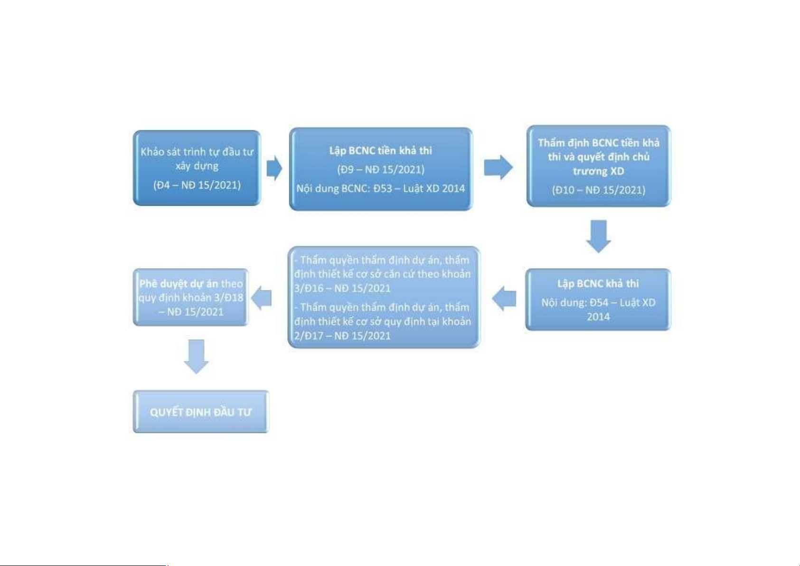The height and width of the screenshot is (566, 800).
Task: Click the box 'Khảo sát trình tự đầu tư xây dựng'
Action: (197, 168)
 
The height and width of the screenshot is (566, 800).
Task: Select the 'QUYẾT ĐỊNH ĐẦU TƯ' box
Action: (201, 412)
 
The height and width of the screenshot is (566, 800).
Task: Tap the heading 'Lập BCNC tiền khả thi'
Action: (381, 151)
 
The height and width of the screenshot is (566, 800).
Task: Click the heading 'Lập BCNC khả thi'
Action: (598, 284)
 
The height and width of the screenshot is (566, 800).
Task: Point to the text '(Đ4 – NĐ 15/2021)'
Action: (197, 185)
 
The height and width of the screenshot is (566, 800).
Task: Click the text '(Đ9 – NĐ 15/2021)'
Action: (381, 169)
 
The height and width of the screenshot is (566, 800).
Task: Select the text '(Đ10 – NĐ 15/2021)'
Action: (599, 190)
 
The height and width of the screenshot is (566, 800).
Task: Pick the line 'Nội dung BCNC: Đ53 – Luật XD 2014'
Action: (381, 188)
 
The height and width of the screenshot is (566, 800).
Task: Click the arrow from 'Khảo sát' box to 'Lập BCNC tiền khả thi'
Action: (274, 168)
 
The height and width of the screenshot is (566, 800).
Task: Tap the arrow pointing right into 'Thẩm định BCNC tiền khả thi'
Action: (499, 167)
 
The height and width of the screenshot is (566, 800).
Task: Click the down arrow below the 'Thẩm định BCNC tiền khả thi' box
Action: (599, 236)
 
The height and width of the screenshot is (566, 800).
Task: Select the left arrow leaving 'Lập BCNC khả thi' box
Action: (504, 298)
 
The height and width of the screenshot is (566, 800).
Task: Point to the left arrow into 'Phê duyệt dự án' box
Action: (262, 298)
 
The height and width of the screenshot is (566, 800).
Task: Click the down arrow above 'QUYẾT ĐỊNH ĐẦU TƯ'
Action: (197, 356)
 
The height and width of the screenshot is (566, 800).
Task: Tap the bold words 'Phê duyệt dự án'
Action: (179, 284)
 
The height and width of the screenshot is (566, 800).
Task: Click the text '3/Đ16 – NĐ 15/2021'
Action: (342, 288)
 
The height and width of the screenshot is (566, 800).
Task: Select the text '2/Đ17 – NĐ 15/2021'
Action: (342, 336)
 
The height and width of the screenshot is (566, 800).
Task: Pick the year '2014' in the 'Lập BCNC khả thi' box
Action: (598, 317)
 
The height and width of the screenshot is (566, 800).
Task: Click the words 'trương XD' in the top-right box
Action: (599, 171)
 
